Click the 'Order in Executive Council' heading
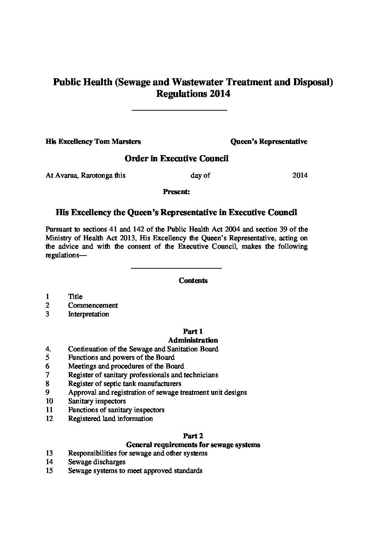(177, 158)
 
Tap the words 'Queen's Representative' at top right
(269, 141)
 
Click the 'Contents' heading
(193, 280)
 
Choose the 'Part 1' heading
(193, 331)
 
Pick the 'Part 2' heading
(193, 436)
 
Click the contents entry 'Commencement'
(93, 305)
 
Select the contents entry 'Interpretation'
(88, 314)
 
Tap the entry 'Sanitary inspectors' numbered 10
(97, 401)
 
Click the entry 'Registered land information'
(110, 418)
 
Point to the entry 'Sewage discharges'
(97, 462)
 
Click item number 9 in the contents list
(47, 392)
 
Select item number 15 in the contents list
(49, 470)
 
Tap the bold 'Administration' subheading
(193, 340)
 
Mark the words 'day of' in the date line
(200, 175)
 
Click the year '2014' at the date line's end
(300, 175)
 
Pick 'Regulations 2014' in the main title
(193, 94)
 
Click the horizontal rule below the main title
(179, 110)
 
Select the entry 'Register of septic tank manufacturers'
(124, 383)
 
